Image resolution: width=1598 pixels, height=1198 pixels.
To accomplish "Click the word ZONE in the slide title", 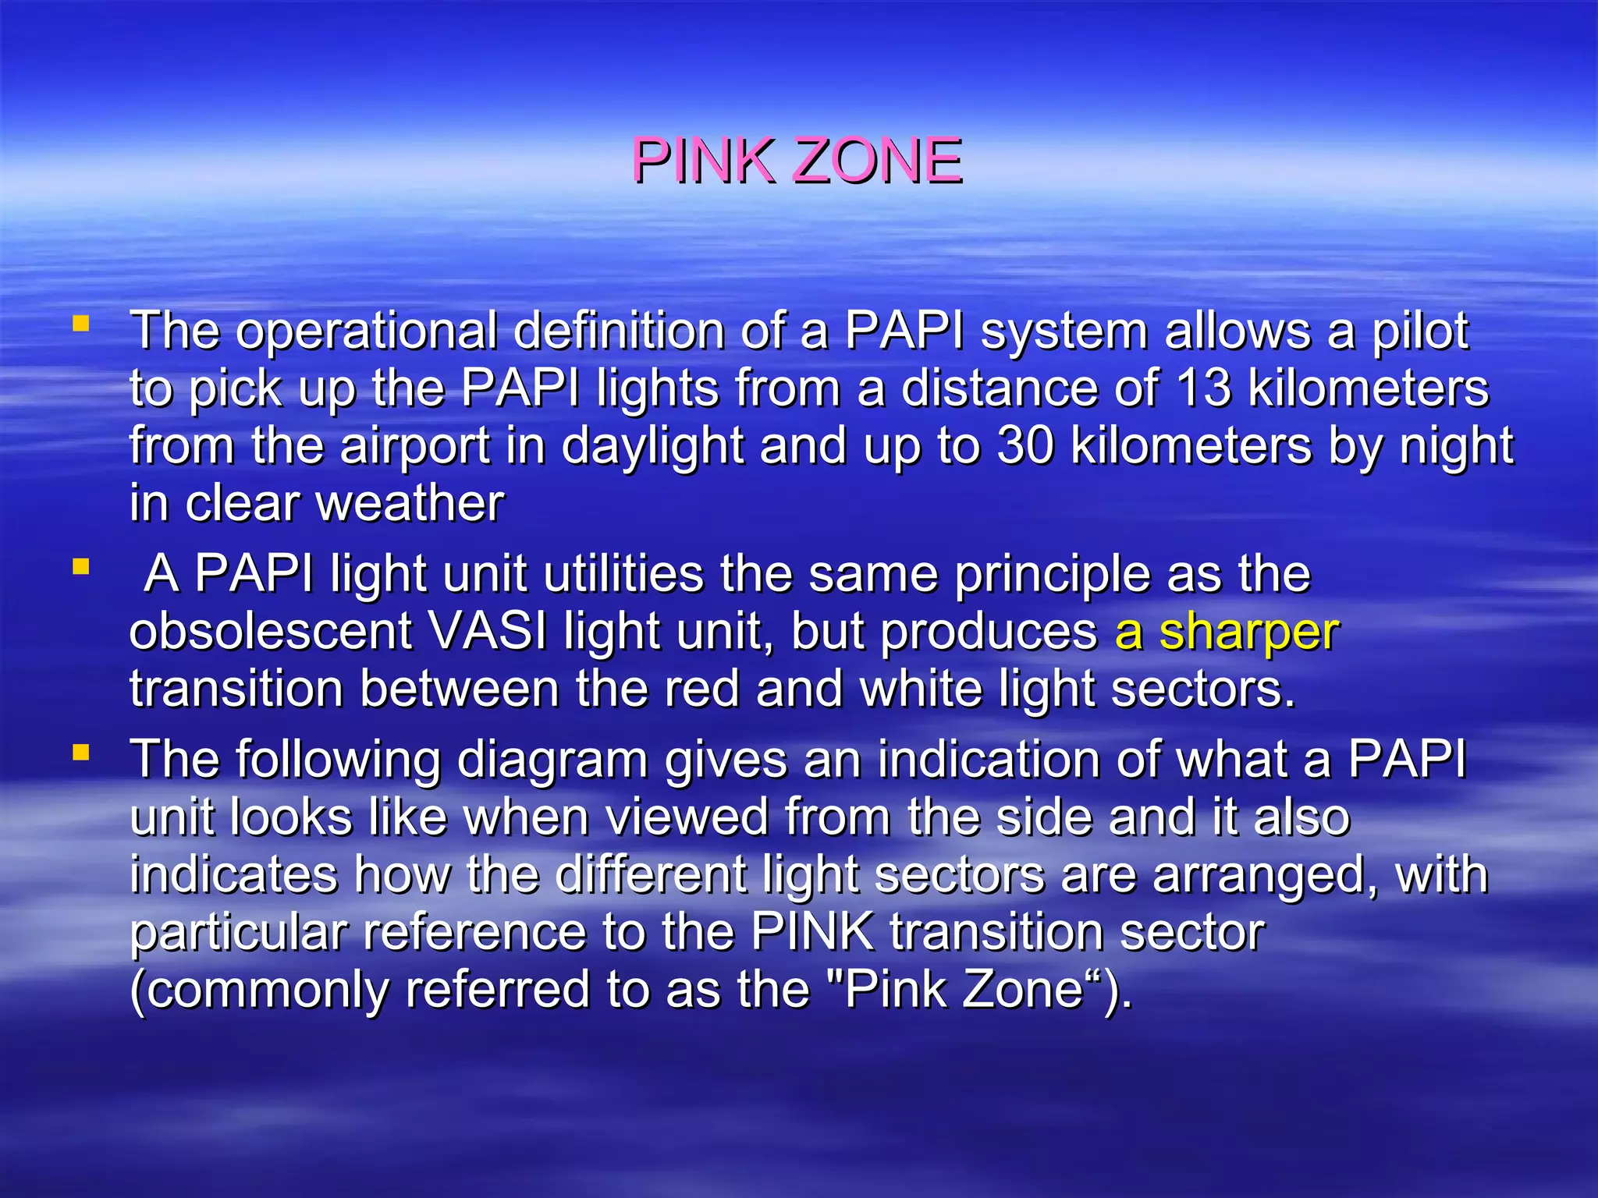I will point(877,161).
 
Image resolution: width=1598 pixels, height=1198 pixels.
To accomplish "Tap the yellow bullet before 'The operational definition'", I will point(80,323).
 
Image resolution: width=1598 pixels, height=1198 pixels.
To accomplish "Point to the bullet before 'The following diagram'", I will point(80,753).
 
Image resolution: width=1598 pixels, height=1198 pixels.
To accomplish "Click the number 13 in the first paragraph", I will point(1205,388).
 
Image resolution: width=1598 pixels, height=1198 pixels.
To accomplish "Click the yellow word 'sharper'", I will point(1249,631).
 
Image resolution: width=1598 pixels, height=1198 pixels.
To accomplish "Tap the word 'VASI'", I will point(488,631).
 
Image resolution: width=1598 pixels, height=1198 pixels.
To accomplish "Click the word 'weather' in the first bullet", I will point(410,503).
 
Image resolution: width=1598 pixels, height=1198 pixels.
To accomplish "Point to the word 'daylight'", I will point(652,447).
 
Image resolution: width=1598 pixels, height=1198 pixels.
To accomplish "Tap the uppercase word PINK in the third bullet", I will point(812,932).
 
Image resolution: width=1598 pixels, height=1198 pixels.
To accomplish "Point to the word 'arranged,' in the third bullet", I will point(1265,876).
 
